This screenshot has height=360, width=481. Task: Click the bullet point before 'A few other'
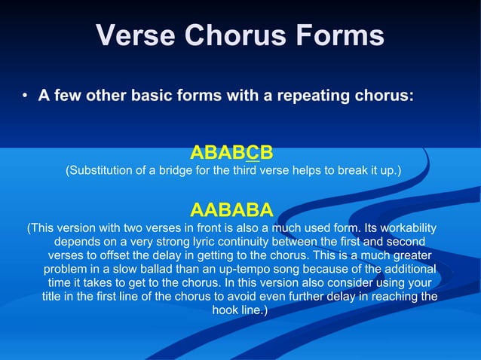click(25, 96)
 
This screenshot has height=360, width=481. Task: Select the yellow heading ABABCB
click(231, 154)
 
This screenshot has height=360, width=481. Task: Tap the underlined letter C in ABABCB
click(253, 154)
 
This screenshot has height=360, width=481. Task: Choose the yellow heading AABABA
click(231, 208)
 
